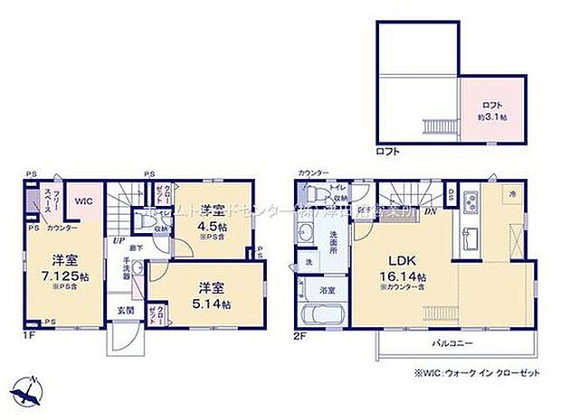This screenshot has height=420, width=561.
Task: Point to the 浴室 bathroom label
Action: point(326,292)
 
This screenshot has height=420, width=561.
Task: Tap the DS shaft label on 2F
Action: point(452,195)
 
